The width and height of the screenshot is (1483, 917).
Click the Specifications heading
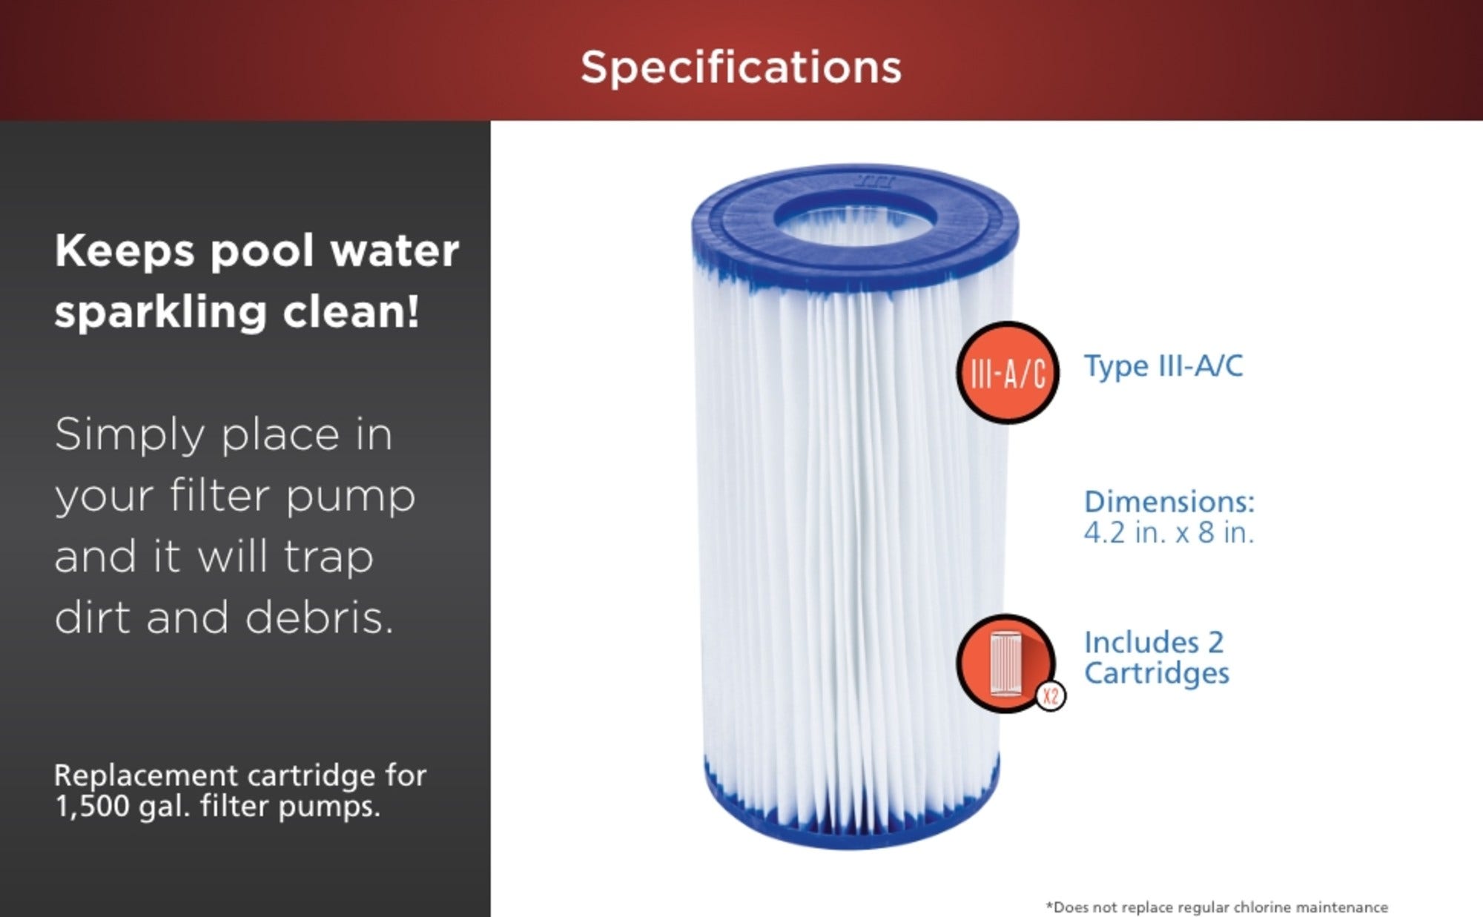(x=741, y=68)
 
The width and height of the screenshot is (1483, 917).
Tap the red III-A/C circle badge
(x=1008, y=373)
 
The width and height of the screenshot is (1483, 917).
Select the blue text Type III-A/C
(x=1163, y=365)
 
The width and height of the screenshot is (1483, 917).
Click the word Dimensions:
(x=1169, y=502)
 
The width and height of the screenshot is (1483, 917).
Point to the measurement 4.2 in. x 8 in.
(x=1169, y=532)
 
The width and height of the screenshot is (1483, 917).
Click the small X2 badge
(x=1051, y=696)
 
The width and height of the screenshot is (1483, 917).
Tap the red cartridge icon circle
(x=1005, y=662)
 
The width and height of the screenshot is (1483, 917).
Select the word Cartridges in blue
(x=1157, y=673)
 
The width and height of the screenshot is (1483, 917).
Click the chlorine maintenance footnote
(x=1217, y=907)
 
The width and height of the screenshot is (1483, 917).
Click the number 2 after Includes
(x=1215, y=643)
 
